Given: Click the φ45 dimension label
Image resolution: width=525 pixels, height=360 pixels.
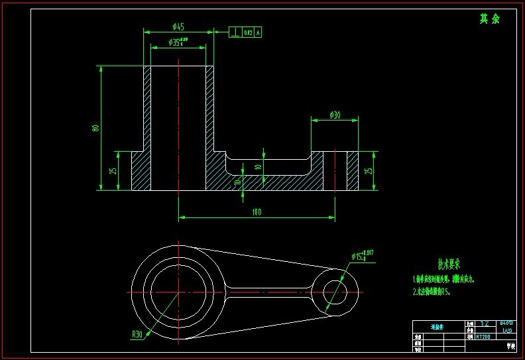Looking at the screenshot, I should coord(178,27).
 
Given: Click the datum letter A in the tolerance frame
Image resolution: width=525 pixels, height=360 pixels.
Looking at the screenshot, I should coord(258,31).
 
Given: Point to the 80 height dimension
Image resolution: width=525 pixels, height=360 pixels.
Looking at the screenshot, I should coord(96,128).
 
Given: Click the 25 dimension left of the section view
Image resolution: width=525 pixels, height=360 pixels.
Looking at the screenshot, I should coord(113,170).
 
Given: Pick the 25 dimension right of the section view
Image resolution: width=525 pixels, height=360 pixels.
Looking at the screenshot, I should coord(369,170).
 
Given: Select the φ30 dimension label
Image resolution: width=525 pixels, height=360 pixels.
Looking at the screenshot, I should coord(335,115).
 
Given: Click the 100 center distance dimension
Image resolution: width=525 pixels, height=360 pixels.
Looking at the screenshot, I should coord(257,212).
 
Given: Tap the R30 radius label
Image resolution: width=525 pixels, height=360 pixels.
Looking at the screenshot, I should coord(137,334).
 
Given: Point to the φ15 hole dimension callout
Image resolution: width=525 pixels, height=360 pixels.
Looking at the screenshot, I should coord(362,255).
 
